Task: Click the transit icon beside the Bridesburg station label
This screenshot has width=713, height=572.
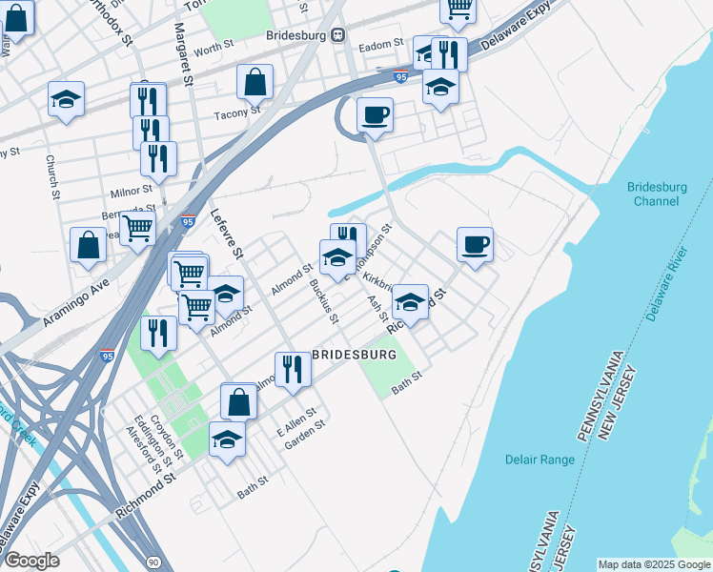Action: click(x=337, y=35)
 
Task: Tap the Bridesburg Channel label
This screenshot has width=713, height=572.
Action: click(x=658, y=194)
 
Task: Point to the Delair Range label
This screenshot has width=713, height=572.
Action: click(x=540, y=460)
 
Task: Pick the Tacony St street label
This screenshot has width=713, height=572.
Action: click(x=237, y=112)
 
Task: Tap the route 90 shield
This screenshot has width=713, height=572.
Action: click(x=153, y=562)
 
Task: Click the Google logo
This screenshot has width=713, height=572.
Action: click(x=32, y=561)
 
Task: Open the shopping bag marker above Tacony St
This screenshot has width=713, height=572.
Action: click(x=255, y=83)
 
